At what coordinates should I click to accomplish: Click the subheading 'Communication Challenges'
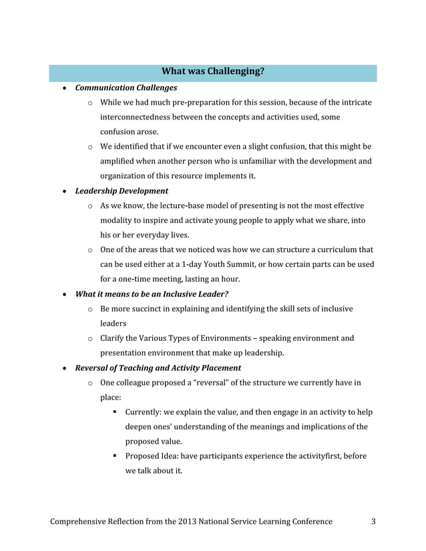click(126, 87)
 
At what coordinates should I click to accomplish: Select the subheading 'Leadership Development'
click(121, 191)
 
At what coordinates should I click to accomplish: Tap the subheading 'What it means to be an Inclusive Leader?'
click(157, 294)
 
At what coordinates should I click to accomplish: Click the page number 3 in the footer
click(373, 521)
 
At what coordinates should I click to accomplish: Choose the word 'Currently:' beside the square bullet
click(146, 412)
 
